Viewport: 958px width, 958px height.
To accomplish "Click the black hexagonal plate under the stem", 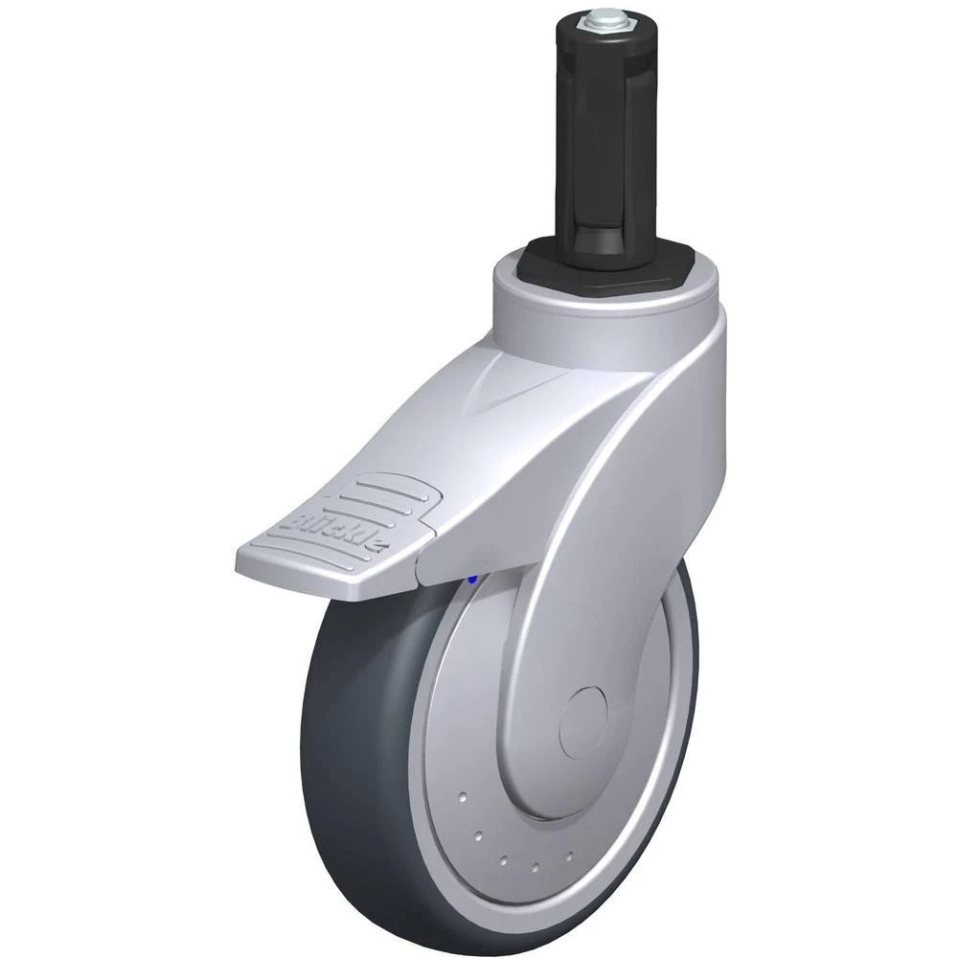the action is tap(607, 262).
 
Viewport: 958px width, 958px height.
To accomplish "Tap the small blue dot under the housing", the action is tap(470, 578).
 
